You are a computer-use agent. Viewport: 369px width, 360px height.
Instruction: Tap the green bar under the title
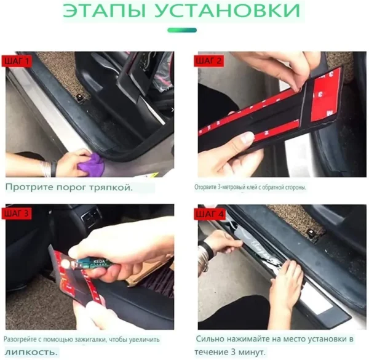[x=182, y=30]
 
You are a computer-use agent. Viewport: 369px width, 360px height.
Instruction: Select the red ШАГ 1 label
[x=17, y=62]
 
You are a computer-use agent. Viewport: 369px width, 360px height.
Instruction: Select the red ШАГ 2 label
[x=208, y=61]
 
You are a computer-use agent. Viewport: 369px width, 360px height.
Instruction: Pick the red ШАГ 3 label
[x=17, y=214]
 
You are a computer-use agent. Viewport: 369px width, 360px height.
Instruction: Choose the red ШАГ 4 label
[x=209, y=214]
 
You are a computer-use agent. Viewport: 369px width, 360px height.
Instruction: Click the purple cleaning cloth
[x=91, y=163]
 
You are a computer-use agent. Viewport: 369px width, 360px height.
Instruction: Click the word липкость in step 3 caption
[x=31, y=352]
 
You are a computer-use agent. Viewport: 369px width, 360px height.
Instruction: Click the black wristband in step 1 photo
[x=54, y=169]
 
